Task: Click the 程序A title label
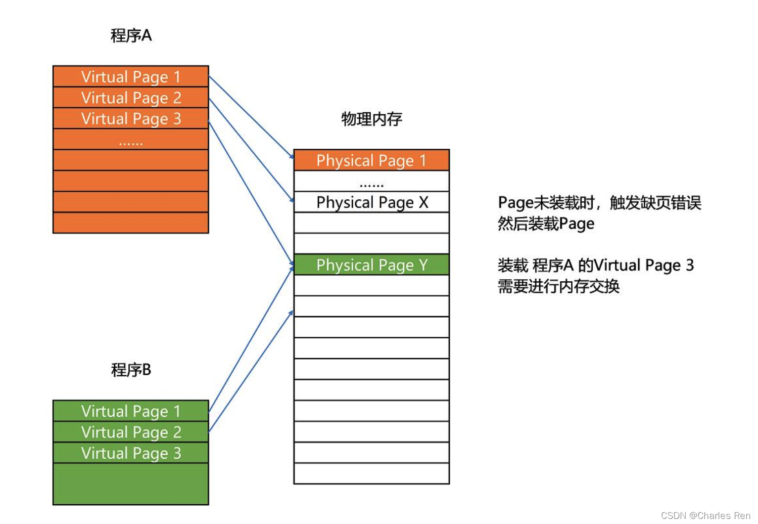point(131,36)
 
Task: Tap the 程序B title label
point(131,370)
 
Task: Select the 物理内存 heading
point(371,119)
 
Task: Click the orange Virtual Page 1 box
point(130,76)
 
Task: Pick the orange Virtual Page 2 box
point(130,98)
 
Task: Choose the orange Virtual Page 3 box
point(130,118)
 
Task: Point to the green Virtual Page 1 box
point(130,411)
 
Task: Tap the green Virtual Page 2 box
point(130,432)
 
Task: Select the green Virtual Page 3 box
point(130,453)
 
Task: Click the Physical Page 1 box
point(371,160)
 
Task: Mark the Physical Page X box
point(371,202)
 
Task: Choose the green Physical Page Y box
point(371,265)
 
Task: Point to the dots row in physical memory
point(371,182)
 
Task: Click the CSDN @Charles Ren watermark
point(705,515)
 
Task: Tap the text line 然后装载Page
point(546,224)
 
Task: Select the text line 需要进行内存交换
point(558,286)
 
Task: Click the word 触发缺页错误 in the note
point(655,203)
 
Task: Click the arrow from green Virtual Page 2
point(251,371)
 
